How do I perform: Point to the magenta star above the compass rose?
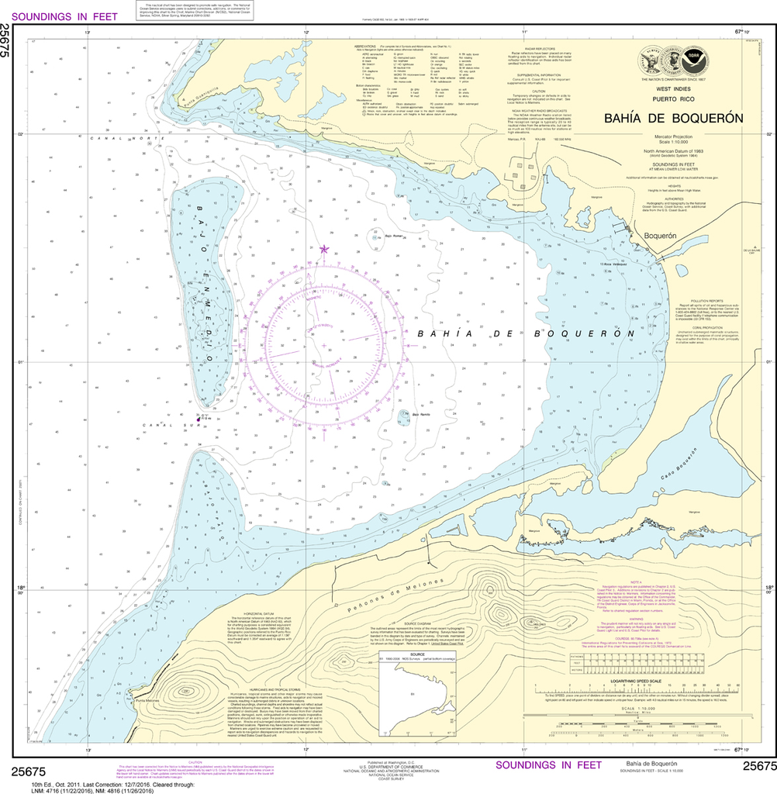point(324,249)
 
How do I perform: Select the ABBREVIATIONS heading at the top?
point(365,46)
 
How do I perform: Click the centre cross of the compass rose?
point(324,345)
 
